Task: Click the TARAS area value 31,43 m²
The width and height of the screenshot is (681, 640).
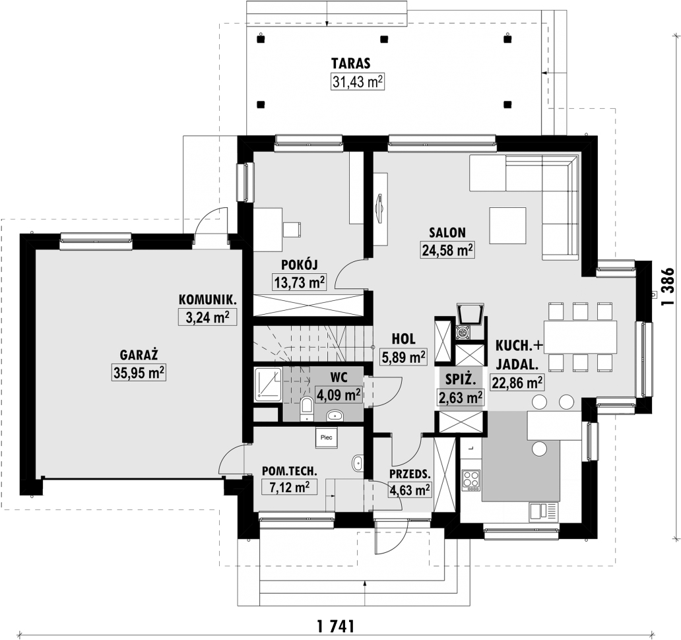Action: [357, 81]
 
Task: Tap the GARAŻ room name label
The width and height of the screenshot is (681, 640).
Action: [138, 353]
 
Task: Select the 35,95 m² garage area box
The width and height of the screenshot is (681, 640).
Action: [139, 372]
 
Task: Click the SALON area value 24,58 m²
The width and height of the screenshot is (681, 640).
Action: [447, 249]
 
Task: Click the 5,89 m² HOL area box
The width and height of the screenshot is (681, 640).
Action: [403, 357]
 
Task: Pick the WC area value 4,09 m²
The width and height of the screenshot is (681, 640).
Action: [339, 395]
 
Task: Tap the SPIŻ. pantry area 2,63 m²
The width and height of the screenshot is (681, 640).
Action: [460, 397]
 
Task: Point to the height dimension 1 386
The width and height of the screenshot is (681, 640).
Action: [668, 287]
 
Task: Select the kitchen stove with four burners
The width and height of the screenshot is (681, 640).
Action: [471, 479]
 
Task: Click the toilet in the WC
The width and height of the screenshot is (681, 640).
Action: [307, 408]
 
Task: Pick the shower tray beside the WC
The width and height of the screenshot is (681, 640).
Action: [269, 384]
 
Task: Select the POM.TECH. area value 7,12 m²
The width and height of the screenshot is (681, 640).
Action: [290, 488]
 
